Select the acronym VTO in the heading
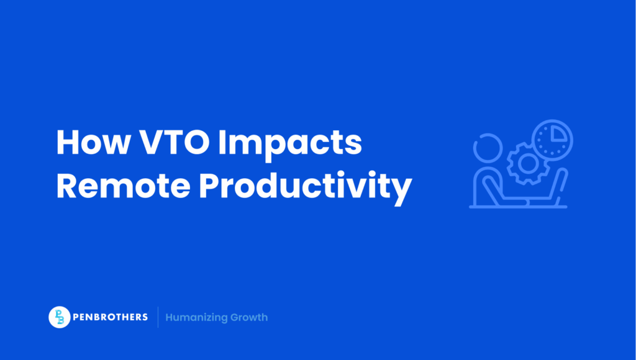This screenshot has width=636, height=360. pyautogui.click(x=181, y=144)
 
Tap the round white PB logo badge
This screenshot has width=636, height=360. pyautogui.click(x=59, y=317)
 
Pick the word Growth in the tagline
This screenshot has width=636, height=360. pyautogui.click(x=249, y=317)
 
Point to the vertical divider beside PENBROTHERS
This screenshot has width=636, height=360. pyautogui.click(x=158, y=317)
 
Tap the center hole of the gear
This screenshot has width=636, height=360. pyautogui.click(x=527, y=163)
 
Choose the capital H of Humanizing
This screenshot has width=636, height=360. pyautogui.click(x=170, y=317)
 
